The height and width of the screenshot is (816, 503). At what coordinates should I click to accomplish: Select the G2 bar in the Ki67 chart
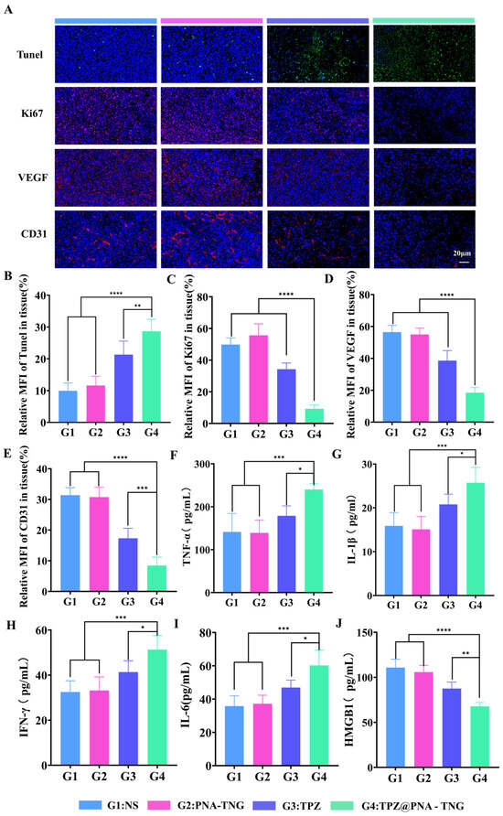pos(259,380)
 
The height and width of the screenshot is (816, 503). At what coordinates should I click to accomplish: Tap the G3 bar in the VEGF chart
pos(447,392)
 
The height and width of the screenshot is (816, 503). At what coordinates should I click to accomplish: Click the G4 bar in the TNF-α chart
pos(314,542)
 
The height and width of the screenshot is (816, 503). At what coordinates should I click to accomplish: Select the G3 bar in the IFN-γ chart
pos(128,719)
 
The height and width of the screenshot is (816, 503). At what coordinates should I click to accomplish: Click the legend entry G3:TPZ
pos(286,806)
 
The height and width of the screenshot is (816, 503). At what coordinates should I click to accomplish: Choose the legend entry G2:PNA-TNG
pos(196,806)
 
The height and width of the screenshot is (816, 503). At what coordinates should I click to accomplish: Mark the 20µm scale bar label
pos(462,253)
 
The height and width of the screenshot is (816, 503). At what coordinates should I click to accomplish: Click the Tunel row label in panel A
pos(29,55)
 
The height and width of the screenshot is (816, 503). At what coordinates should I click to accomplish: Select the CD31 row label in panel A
pos(34,234)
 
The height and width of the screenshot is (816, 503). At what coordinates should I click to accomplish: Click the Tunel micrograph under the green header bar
pos(424,54)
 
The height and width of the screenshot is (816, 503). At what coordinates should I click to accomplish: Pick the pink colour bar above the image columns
pos(211,21)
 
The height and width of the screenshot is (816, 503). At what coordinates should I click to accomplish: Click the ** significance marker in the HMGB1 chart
pos(466,654)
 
